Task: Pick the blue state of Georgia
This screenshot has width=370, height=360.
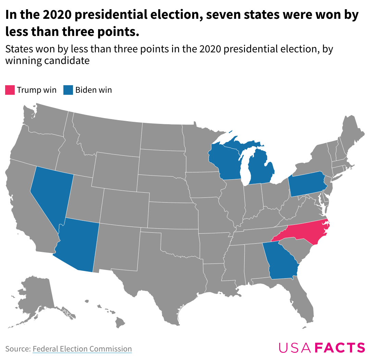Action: [x=282, y=262]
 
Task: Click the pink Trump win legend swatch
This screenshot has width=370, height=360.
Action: [x=10, y=90]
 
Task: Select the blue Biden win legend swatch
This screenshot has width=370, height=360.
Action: [x=68, y=90]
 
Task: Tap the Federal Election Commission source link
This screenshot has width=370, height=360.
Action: [x=82, y=349]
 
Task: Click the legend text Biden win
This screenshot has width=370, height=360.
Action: [x=94, y=90]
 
